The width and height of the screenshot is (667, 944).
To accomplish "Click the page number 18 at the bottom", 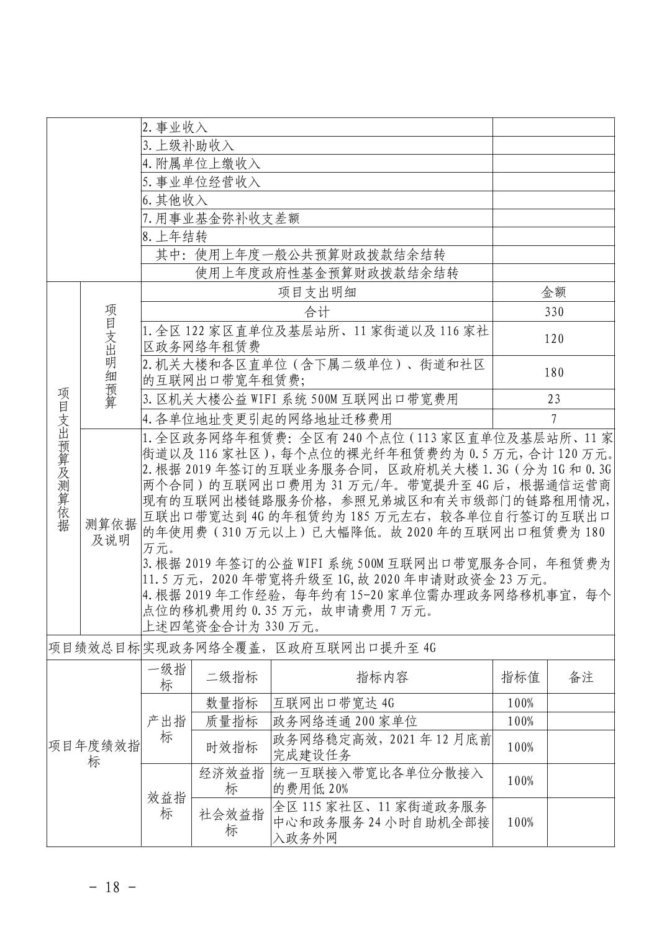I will click(x=112, y=887).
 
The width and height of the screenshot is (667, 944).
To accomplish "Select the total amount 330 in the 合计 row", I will click(x=553, y=312).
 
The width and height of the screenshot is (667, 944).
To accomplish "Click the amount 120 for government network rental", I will click(x=553, y=338).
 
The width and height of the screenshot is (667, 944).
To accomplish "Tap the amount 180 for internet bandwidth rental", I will click(x=553, y=373).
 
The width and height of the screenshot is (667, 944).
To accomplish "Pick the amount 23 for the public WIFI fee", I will click(x=553, y=399).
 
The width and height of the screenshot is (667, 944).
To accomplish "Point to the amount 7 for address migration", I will click(x=553, y=419).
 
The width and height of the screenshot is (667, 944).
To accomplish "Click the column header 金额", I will click(x=553, y=293).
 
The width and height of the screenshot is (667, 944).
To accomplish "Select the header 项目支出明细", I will click(x=317, y=293).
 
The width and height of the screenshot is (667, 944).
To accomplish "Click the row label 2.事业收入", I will click(x=175, y=127).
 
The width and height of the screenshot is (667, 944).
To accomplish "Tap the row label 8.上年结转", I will click(x=175, y=237).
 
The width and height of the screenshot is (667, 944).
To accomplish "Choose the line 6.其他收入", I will click(x=175, y=200).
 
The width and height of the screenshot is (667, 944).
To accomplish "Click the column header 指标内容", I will click(x=382, y=677).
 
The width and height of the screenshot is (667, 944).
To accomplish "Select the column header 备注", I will click(x=581, y=677).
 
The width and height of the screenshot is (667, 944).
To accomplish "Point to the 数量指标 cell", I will click(x=232, y=703).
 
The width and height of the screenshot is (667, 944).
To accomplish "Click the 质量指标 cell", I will click(x=232, y=721).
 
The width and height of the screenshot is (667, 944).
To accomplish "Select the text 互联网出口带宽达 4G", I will click(x=334, y=703).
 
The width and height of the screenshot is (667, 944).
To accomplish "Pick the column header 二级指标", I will click(x=232, y=677).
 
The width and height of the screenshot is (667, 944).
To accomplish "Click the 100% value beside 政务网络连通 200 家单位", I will click(x=520, y=721).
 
